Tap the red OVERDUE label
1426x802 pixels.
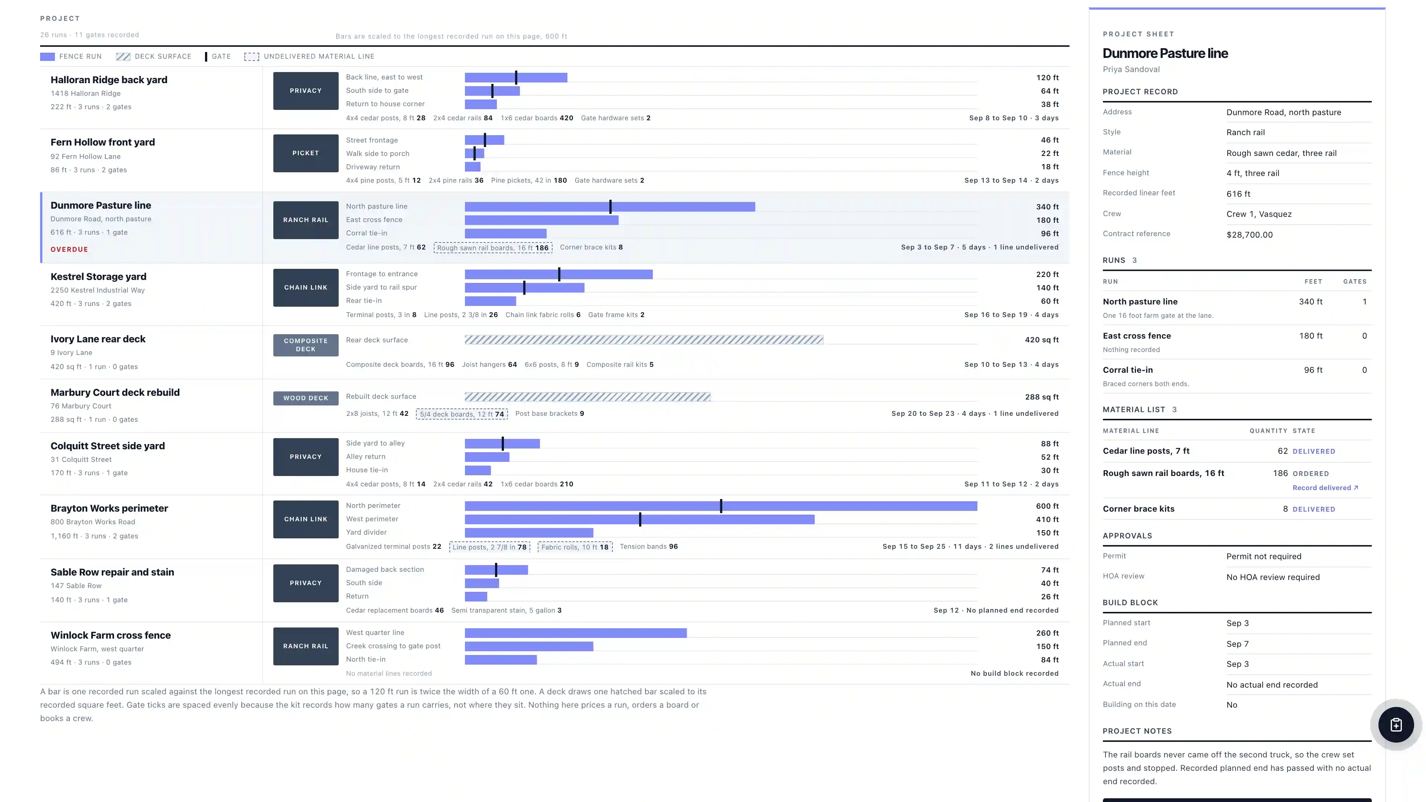pyautogui.click(x=69, y=249)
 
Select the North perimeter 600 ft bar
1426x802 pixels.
pyautogui.click(x=721, y=506)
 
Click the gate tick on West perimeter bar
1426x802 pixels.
pyautogui.click(x=640, y=519)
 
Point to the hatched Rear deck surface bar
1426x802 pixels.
pyautogui.click(x=644, y=340)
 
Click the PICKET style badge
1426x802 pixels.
pyautogui.click(x=306, y=153)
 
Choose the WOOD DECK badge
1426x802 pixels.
pyautogui.click(x=306, y=398)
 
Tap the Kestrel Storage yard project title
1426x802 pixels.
pyautogui.click(x=98, y=277)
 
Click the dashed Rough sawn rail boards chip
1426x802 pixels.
pyautogui.click(x=493, y=247)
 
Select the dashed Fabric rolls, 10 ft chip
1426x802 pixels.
pyautogui.click(x=574, y=547)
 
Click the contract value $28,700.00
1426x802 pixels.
pyautogui.click(x=1249, y=235)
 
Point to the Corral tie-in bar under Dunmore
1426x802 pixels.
pyautogui.click(x=505, y=234)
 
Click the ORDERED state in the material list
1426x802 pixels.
pyautogui.click(x=1310, y=474)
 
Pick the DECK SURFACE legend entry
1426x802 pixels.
pyautogui.click(x=154, y=56)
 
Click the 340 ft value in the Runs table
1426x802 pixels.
pyautogui.click(x=1310, y=301)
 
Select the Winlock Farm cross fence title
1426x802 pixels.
pyautogui.click(x=111, y=635)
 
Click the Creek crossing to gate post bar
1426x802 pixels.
pyautogui.click(x=529, y=646)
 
